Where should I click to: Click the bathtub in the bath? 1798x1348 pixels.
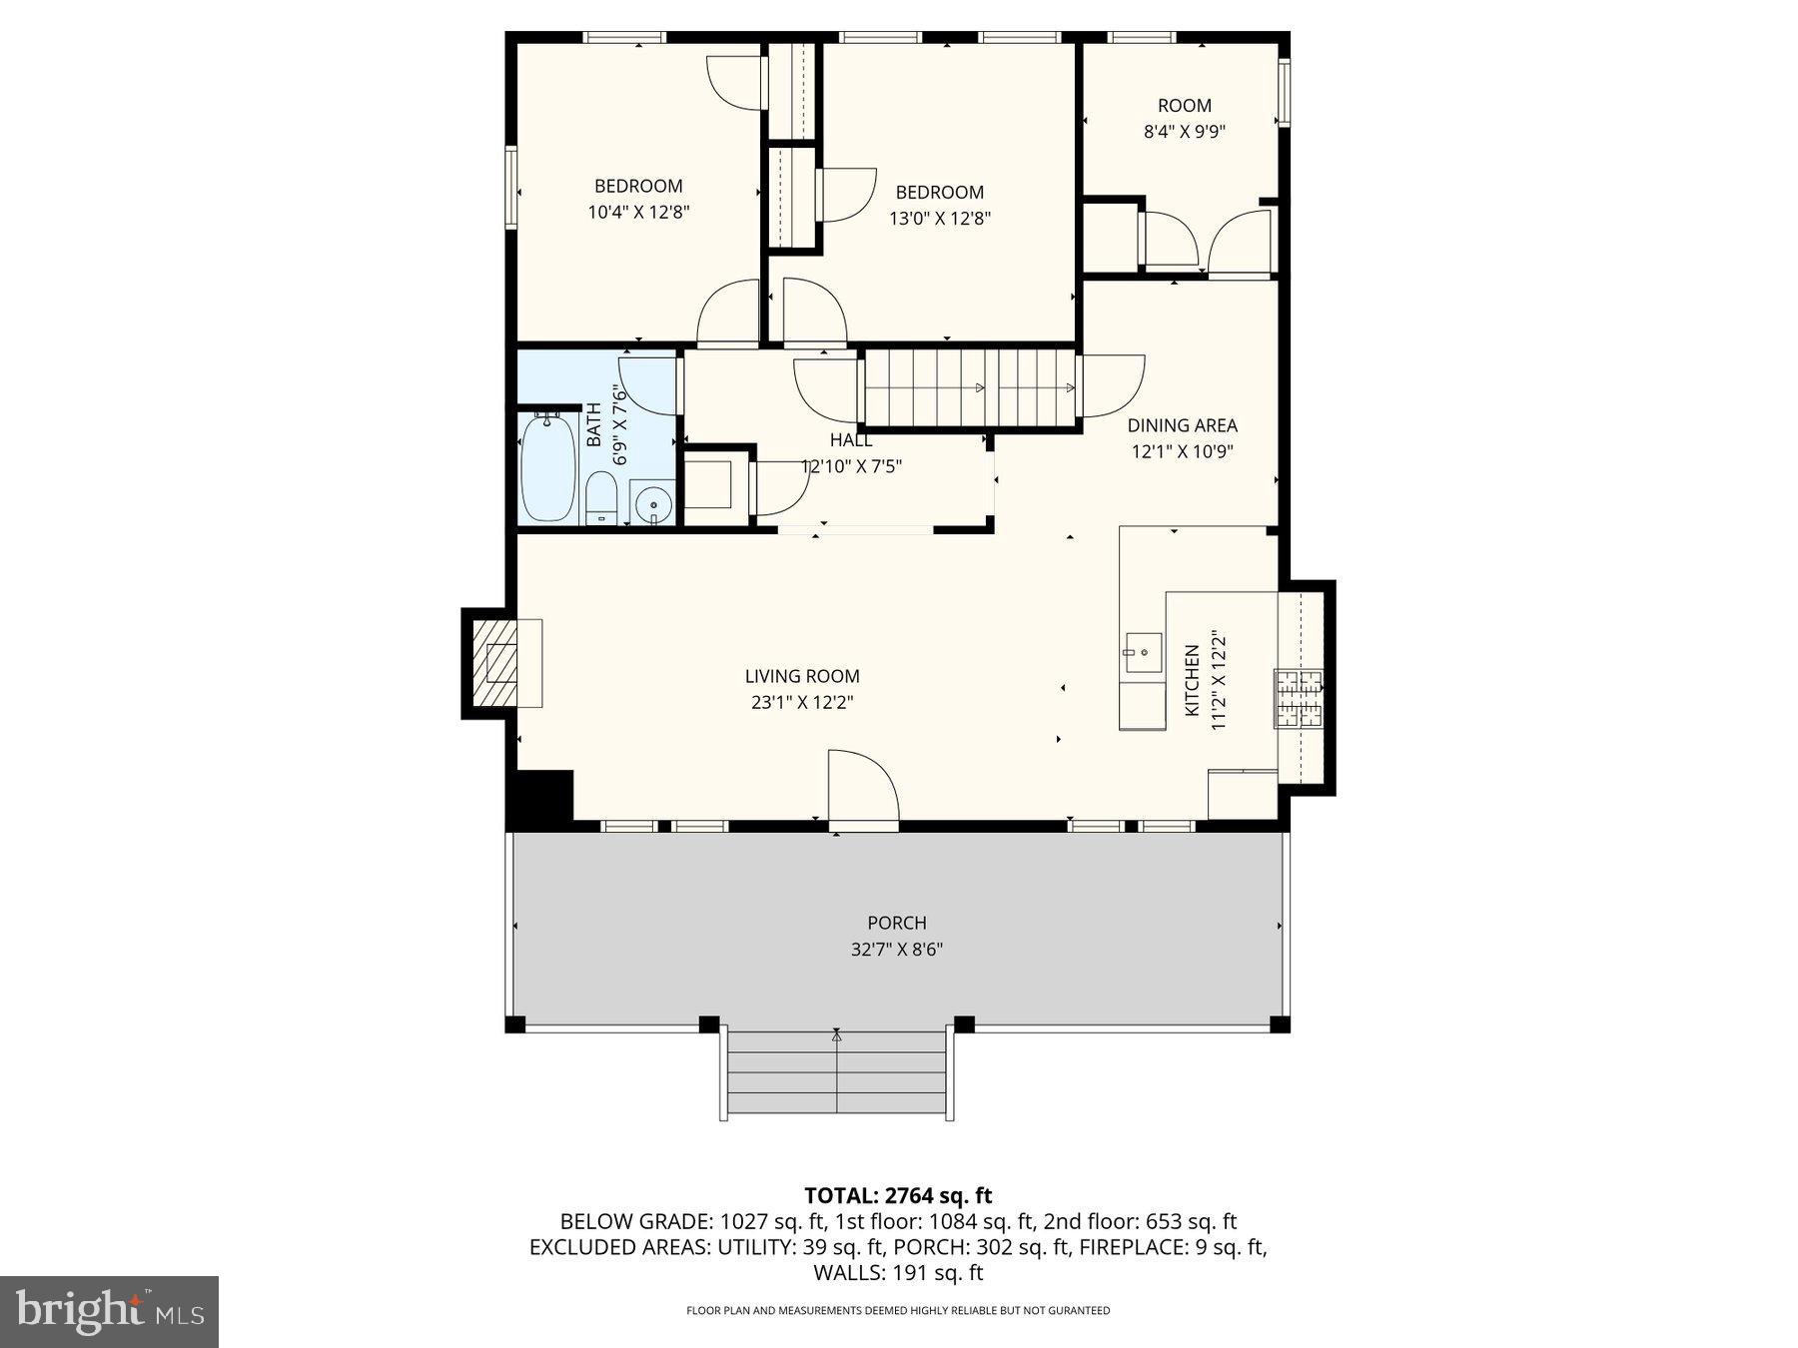point(548,469)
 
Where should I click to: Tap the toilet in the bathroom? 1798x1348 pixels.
point(601,499)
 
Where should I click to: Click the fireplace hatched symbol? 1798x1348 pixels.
point(495,663)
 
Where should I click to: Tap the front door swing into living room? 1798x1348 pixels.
point(863,789)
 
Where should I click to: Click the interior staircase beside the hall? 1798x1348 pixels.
point(969,387)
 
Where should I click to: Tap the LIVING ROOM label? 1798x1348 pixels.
point(802,676)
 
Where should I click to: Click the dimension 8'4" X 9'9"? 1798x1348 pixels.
point(1185,131)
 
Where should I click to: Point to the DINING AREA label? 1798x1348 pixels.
point(1183,425)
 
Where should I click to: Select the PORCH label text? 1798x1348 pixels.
point(896,923)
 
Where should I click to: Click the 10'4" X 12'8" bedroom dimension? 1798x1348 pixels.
point(639,212)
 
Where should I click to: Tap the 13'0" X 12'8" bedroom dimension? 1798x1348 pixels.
point(940,218)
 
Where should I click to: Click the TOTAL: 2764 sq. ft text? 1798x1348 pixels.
point(898,1195)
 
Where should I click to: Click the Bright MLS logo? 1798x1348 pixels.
point(109,1311)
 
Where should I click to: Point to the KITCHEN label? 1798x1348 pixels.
point(1192,680)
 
